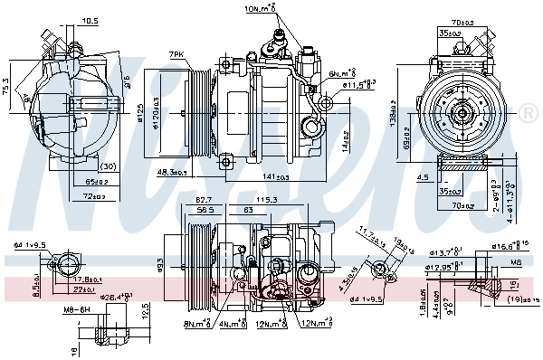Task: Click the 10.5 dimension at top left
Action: point(90,20)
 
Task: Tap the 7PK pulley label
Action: point(176,55)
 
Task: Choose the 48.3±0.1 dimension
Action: point(171,172)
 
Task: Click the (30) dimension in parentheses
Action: point(108,166)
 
